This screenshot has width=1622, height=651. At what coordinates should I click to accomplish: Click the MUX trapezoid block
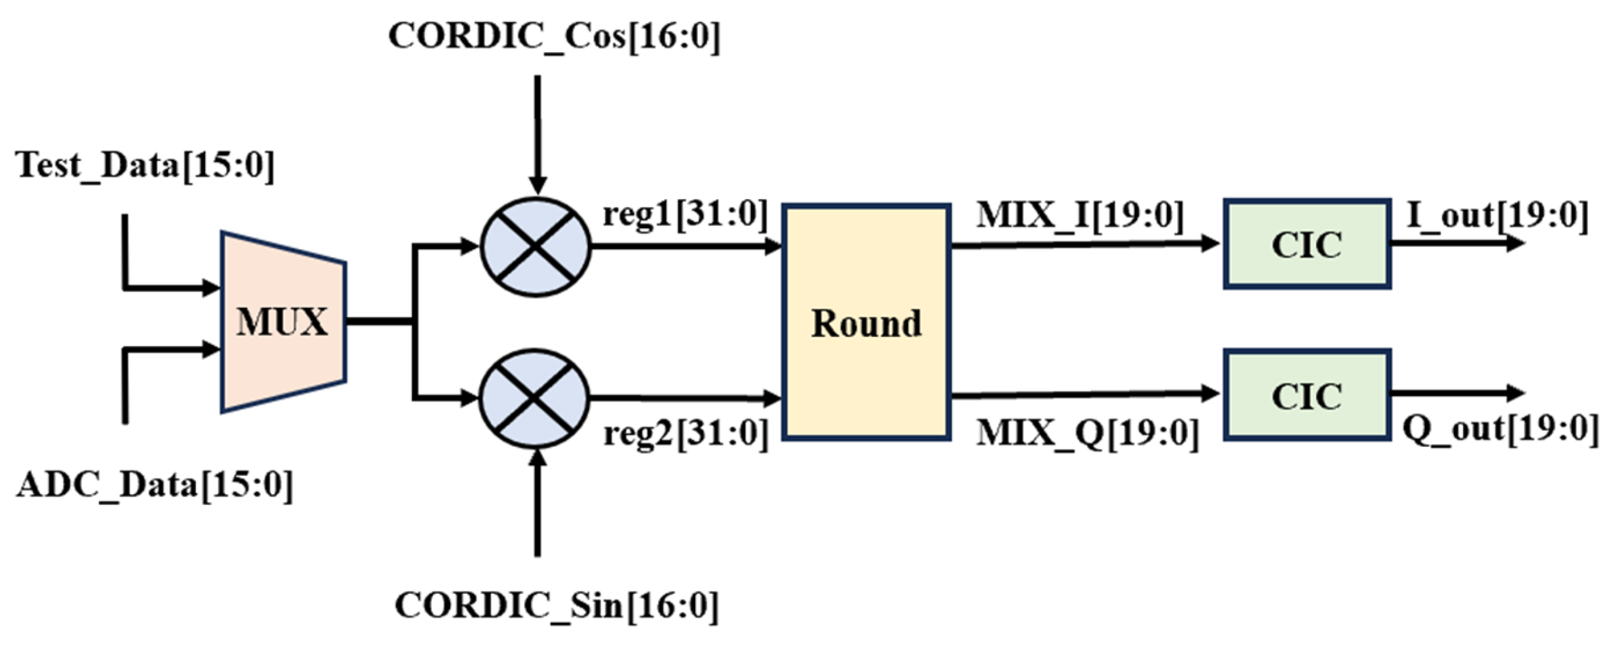(x=283, y=322)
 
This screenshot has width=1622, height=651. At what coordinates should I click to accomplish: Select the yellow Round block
(x=867, y=322)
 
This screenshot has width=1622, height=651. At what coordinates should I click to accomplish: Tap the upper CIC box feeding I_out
(x=1306, y=245)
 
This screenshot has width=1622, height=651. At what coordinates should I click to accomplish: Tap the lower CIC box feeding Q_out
(x=1306, y=395)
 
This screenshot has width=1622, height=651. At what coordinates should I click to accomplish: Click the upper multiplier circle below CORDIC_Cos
(x=535, y=247)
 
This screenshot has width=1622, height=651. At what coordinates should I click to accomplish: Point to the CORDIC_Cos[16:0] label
(x=554, y=36)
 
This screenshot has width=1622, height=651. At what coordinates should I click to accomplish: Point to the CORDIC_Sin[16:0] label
(x=556, y=606)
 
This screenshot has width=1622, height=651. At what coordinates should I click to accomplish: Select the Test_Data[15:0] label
(x=146, y=166)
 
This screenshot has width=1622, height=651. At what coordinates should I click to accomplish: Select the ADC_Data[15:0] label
(x=155, y=485)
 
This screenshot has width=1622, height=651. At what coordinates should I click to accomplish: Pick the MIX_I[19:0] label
(x=1080, y=216)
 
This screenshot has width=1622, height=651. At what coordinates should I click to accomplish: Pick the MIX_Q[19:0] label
(x=1088, y=433)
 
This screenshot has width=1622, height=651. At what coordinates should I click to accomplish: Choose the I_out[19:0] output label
(x=1497, y=216)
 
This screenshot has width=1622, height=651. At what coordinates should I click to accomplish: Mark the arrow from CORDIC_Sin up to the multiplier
(x=537, y=504)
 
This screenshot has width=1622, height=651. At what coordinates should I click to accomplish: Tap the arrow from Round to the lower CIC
(x=1083, y=395)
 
